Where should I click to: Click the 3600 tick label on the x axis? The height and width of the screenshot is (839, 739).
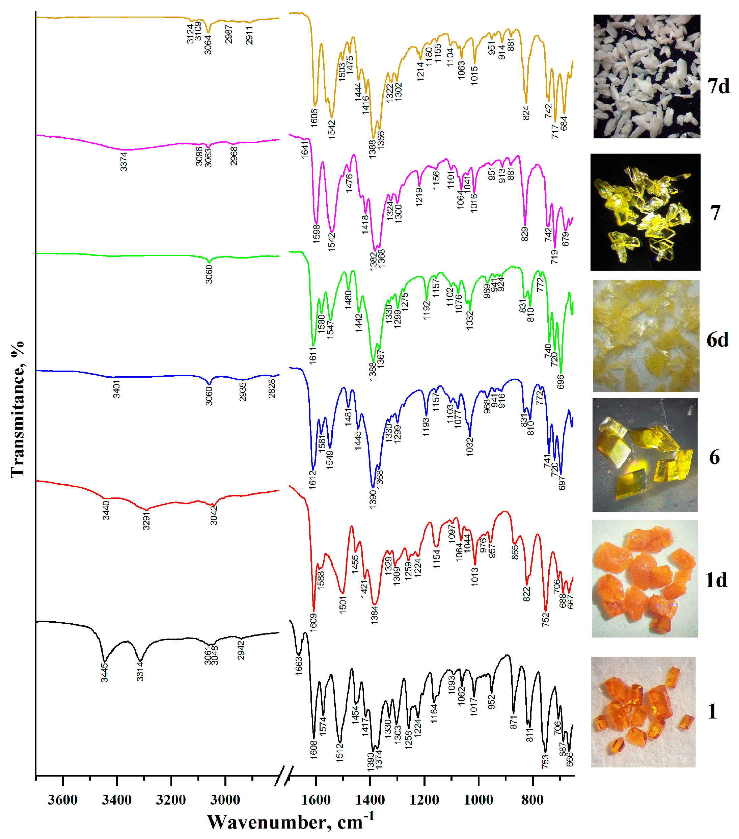tap(62, 800)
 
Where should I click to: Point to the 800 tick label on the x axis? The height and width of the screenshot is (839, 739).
tap(532, 800)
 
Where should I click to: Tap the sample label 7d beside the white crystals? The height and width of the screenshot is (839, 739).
tap(718, 86)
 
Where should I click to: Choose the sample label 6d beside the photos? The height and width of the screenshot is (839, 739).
tap(717, 340)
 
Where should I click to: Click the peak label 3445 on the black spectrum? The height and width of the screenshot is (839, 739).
tap(105, 672)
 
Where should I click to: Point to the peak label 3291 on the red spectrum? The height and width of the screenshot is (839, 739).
tap(146, 520)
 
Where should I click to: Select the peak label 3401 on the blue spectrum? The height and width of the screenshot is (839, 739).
tap(116, 389)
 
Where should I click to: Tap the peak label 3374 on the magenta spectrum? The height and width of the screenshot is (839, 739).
tap(124, 161)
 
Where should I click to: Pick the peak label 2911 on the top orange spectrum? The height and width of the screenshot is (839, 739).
tap(249, 35)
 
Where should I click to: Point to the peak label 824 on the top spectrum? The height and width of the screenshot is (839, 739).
tap(526, 113)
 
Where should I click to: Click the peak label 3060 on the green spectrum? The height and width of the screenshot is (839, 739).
tap(209, 274)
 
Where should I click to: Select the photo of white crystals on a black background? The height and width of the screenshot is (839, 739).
tap(647, 76)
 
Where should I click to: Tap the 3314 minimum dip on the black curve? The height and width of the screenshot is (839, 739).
tap(140, 660)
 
